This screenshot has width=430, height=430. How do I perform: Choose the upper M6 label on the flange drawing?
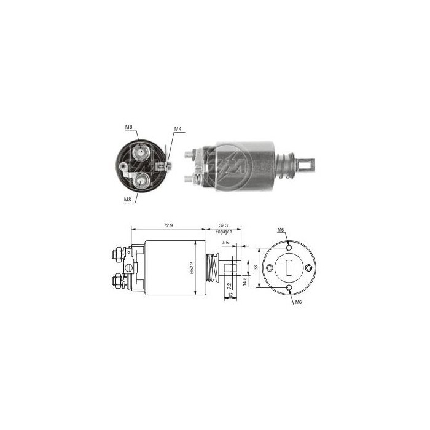click(281, 230)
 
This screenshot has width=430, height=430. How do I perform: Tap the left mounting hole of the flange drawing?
click(270, 267)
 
